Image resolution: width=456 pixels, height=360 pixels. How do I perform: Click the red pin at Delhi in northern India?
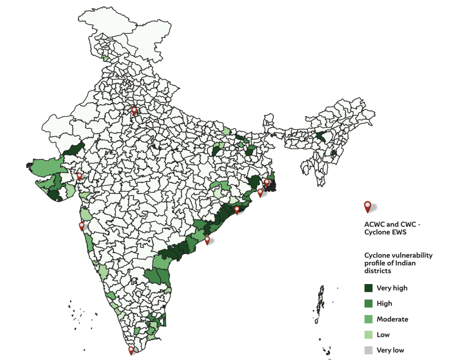pos(134,111)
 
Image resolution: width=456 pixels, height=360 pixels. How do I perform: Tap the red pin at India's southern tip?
pos(131,350)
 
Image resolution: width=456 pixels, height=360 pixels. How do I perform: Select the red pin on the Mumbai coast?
pos(81,226)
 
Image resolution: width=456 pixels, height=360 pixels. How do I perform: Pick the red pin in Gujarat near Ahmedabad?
pos(79,176)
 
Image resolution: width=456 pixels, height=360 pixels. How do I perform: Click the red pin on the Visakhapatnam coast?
pos(207,240)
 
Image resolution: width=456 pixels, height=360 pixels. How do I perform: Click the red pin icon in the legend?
pos(367,206)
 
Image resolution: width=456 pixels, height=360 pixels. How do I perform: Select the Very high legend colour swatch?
pos(368,288)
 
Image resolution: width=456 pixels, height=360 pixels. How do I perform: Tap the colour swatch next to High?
pos(368,303)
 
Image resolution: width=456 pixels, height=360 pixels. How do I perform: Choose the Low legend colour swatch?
pos(368,335)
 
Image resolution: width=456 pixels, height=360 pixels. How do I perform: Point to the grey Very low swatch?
pos(368,350)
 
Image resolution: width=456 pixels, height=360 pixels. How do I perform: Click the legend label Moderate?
pos(392,319)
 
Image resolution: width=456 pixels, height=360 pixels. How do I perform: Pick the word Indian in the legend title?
pos(405,263)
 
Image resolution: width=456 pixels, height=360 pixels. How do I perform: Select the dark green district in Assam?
pos(321,136)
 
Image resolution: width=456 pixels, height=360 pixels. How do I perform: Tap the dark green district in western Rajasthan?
pos(75,148)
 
